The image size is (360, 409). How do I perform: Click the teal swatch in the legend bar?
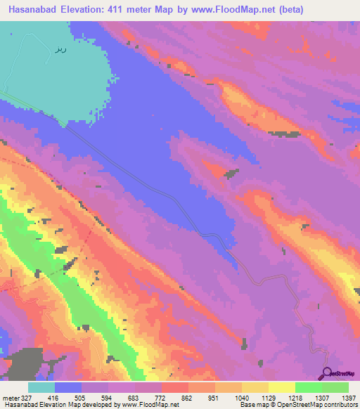coord(41,388)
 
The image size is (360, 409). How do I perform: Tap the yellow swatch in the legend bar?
coord(281,388)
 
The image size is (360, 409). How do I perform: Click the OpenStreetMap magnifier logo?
coord(327,372)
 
